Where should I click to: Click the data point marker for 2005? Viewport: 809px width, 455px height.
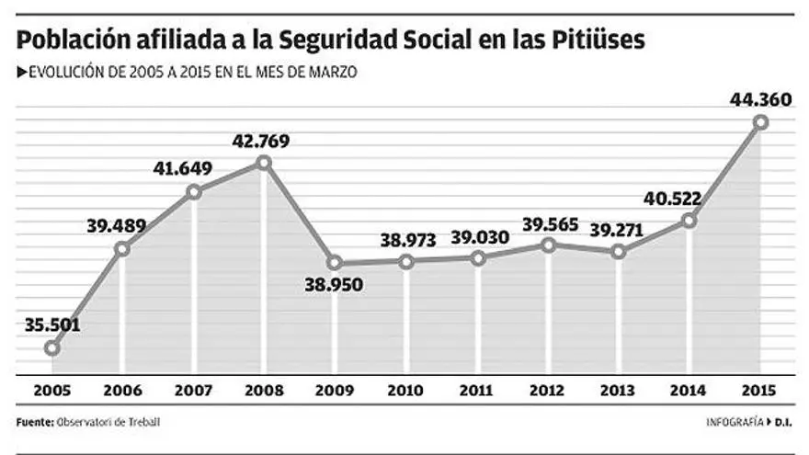pyautogui.click(x=52, y=348)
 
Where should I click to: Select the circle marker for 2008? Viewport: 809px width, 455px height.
pyautogui.click(x=265, y=163)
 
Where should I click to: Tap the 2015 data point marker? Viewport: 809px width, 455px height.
pyautogui.click(x=760, y=121)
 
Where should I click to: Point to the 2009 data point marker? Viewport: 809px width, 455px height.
pyautogui.click(x=335, y=263)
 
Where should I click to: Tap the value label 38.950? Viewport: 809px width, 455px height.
pyautogui.click(x=335, y=285)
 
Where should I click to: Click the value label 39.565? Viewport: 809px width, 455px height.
pyautogui.click(x=549, y=223)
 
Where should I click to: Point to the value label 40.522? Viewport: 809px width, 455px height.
pyautogui.click(x=689, y=199)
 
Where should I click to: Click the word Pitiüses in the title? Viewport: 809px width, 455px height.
pyautogui.click(x=596, y=40)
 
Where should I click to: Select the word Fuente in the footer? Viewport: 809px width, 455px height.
pyautogui.click(x=33, y=423)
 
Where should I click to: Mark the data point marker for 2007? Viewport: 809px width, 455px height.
pyautogui.click(x=194, y=192)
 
